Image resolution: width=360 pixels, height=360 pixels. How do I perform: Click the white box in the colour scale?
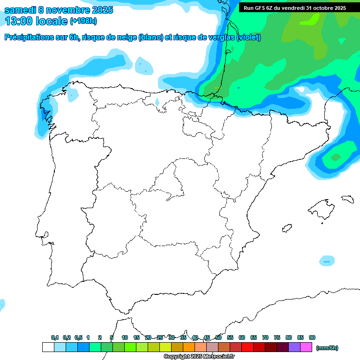48,347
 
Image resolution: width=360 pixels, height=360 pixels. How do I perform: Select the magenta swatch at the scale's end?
306,347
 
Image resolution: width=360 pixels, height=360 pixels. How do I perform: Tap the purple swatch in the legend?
294,347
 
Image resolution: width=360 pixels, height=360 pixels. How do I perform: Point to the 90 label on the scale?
312,337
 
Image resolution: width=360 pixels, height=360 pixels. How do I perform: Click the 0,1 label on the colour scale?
55,337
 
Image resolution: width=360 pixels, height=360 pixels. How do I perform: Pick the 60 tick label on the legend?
242,337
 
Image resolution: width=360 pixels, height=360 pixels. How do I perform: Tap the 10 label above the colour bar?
125,337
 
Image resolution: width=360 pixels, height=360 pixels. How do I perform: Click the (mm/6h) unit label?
327,348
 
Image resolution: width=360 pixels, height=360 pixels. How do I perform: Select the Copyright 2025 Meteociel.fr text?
199,357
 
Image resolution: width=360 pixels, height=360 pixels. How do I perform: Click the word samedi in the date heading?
21,10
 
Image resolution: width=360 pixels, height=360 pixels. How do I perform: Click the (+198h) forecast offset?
83,21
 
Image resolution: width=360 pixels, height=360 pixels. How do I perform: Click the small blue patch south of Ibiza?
327,261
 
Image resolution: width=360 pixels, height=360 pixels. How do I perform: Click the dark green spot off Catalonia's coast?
336,157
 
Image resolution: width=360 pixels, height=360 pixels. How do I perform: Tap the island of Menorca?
347,199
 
